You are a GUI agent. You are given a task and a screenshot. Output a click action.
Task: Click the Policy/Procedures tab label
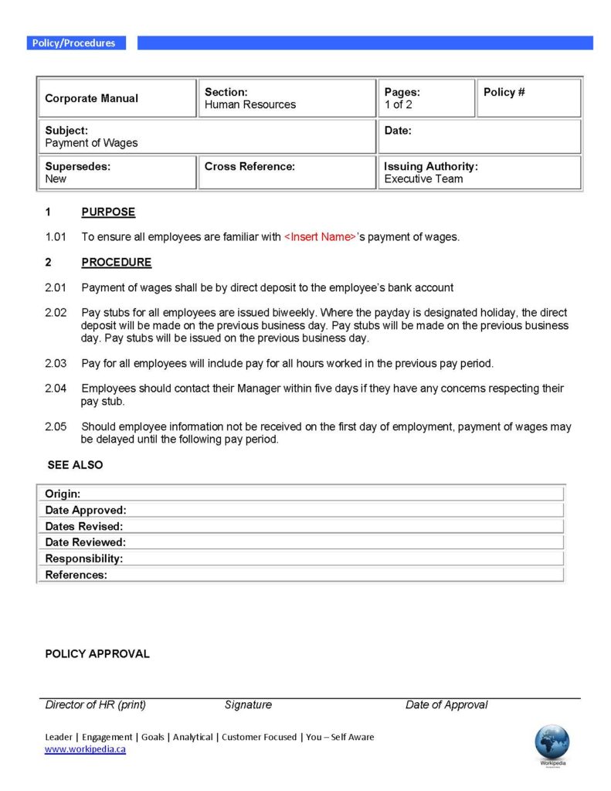pos(73,43)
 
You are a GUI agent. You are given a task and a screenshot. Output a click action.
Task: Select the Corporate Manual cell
pos(92,98)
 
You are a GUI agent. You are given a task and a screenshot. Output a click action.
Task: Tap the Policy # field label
pos(504,92)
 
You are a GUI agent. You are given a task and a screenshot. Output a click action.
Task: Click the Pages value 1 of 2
pos(399,104)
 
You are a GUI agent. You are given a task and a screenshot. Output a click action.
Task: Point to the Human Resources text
pos(250,104)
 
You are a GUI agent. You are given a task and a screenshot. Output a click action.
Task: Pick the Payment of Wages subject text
pos(91,143)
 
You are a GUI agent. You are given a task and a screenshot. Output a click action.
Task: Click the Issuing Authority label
pos(431,166)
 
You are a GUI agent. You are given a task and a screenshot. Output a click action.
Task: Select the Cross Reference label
pos(249,166)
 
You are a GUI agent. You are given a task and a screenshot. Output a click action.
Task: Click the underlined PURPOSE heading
pos(108,212)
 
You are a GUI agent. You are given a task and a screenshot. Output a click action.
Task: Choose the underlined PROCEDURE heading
pos(117,262)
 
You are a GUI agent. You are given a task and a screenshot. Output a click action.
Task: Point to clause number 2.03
pos(56,363)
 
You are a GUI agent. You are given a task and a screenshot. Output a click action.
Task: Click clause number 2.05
pos(56,426)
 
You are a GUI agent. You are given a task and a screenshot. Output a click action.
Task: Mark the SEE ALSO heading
pos(75,465)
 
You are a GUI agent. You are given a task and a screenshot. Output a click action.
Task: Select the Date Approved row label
pos(86,510)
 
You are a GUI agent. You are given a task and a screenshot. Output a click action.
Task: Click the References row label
pos(76,575)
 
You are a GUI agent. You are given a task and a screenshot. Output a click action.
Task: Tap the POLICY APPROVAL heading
pos(97,654)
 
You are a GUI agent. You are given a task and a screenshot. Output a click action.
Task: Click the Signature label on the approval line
pos(248,704)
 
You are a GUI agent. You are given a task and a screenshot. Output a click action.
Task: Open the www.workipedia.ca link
pos(85,749)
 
